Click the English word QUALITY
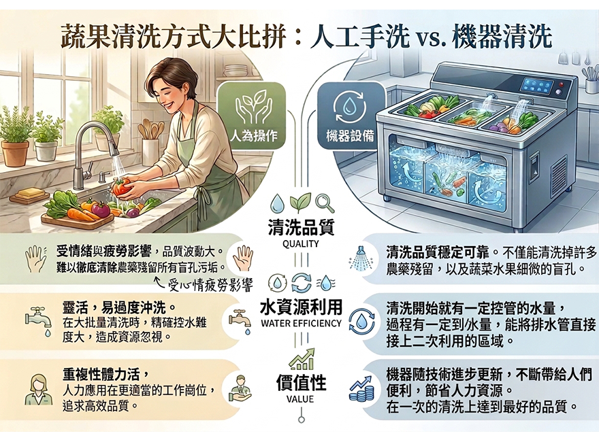pyautogui.click(x=301, y=243)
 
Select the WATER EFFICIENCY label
pyautogui.click(x=301, y=323)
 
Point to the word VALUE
pyautogui.click(x=300, y=399)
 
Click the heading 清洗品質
pyautogui.click(x=301, y=228)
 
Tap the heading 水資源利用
pyautogui.click(x=301, y=307)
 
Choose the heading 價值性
pyautogui.click(x=301, y=383)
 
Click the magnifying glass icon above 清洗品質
pyautogui.click(x=325, y=203)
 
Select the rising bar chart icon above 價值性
pyautogui.click(x=302, y=359)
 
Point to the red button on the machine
pyautogui.click(x=561, y=84)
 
